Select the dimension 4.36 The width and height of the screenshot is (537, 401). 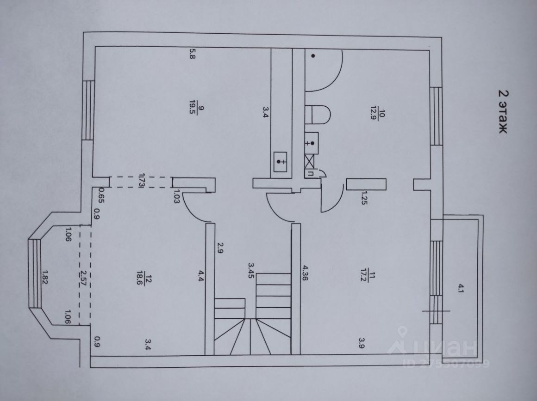305,273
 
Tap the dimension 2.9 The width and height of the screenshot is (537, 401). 220,248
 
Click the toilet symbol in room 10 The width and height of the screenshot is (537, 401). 318,114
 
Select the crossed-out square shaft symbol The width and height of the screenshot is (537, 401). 310,162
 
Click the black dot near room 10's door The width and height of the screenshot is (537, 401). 313,56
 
